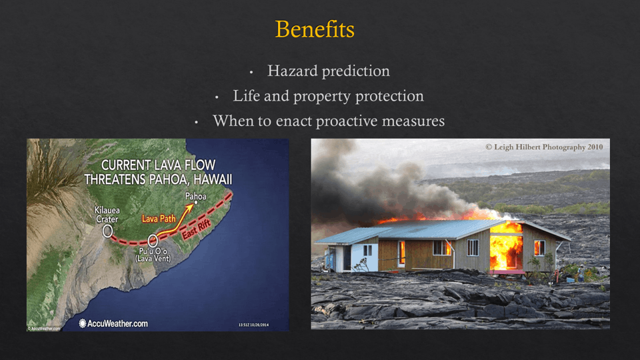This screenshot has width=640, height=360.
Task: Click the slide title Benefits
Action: pyautogui.click(x=315, y=29)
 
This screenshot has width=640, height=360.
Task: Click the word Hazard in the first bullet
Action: pyautogui.click(x=293, y=71)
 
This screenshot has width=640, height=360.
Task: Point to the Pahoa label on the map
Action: pyautogui.click(x=196, y=196)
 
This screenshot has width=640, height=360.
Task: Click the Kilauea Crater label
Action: pyautogui.click(x=107, y=215)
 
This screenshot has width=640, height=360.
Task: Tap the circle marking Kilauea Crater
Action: pyautogui.click(x=107, y=231)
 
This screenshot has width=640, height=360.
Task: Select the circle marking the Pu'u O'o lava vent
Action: pyautogui.click(x=153, y=241)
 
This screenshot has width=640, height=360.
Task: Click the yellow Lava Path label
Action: pyautogui.click(x=159, y=219)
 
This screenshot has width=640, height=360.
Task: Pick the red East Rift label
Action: pyautogui.click(x=196, y=229)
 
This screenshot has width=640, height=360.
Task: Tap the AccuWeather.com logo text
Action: pyautogui.click(x=113, y=324)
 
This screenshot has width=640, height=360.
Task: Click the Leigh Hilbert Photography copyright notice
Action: pyautogui.click(x=544, y=147)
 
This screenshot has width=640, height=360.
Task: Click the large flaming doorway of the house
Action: pyautogui.click(x=506, y=251)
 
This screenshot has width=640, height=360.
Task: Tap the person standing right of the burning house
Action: pyautogui.click(x=581, y=273)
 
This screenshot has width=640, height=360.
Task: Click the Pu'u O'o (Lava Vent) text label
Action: pyautogui.click(x=153, y=255)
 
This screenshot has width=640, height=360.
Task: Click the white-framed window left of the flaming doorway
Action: pyautogui.click(x=473, y=248)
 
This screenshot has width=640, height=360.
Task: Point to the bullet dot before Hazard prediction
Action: pyautogui.click(x=251, y=73)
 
